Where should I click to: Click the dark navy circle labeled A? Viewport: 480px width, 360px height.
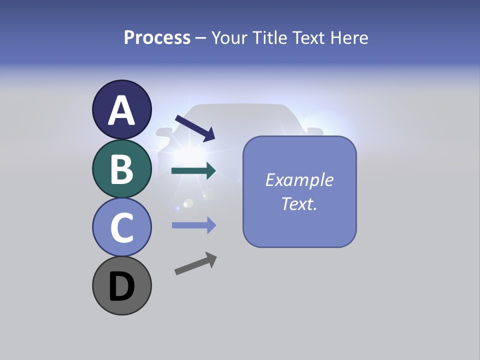(x=121, y=109)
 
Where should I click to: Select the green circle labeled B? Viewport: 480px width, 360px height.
(x=121, y=168)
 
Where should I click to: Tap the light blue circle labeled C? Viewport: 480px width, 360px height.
(x=121, y=227)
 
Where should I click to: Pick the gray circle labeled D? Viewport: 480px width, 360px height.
(x=121, y=285)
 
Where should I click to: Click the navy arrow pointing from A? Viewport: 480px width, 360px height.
(x=195, y=128)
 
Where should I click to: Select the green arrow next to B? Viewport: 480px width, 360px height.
(x=193, y=171)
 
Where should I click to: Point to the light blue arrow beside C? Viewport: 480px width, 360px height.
(x=193, y=225)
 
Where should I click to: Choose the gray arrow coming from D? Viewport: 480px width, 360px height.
(x=195, y=263)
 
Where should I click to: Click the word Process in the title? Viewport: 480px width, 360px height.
(x=157, y=37)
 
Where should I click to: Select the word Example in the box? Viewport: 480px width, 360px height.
(x=299, y=180)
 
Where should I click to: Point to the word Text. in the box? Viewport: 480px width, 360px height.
(x=299, y=203)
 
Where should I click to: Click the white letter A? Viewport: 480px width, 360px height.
(x=121, y=110)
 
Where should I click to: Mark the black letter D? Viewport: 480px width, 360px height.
(x=121, y=286)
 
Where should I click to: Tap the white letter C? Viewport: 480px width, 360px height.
(x=121, y=227)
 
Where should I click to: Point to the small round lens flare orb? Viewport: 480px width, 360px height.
(x=188, y=203)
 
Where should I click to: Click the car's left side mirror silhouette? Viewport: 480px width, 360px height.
(x=163, y=132)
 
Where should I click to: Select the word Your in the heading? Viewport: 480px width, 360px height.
(x=228, y=37)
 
